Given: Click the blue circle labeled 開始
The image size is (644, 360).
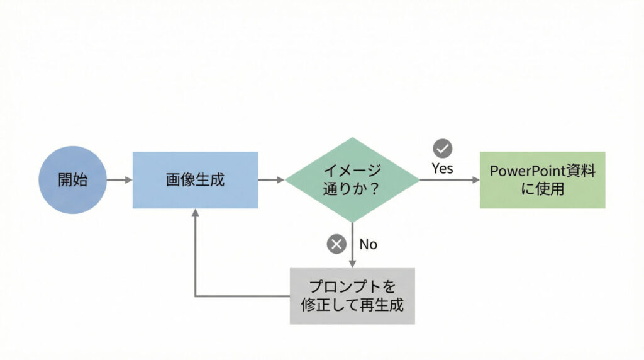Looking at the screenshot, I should (x=73, y=180).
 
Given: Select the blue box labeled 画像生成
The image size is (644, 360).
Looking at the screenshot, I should (x=195, y=180).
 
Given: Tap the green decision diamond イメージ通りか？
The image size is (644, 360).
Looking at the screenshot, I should (x=352, y=180).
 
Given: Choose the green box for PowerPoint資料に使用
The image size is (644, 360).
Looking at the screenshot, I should (x=542, y=180).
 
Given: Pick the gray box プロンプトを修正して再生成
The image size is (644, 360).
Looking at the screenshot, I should (x=352, y=296).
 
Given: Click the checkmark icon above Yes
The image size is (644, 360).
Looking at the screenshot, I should (x=443, y=149).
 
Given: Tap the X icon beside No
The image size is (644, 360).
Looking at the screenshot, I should (x=337, y=244).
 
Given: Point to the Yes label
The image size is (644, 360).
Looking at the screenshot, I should (x=442, y=168).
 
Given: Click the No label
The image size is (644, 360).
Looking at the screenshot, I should (x=369, y=244).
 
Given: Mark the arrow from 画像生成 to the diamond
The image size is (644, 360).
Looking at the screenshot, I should (x=271, y=180).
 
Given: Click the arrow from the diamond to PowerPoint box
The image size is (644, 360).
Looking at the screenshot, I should (x=449, y=180).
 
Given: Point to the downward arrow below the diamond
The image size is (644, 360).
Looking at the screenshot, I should (x=352, y=245).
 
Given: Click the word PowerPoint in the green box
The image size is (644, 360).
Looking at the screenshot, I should (x=526, y=171).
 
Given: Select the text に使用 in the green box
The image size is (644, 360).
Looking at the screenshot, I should (x=542, y=189).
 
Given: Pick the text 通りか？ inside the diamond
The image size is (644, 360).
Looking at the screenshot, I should (x=352, y=189).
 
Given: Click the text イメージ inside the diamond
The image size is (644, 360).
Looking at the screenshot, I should (x=352, y=171).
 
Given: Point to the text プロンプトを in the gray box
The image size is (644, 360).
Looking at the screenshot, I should (x=352, y=287).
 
